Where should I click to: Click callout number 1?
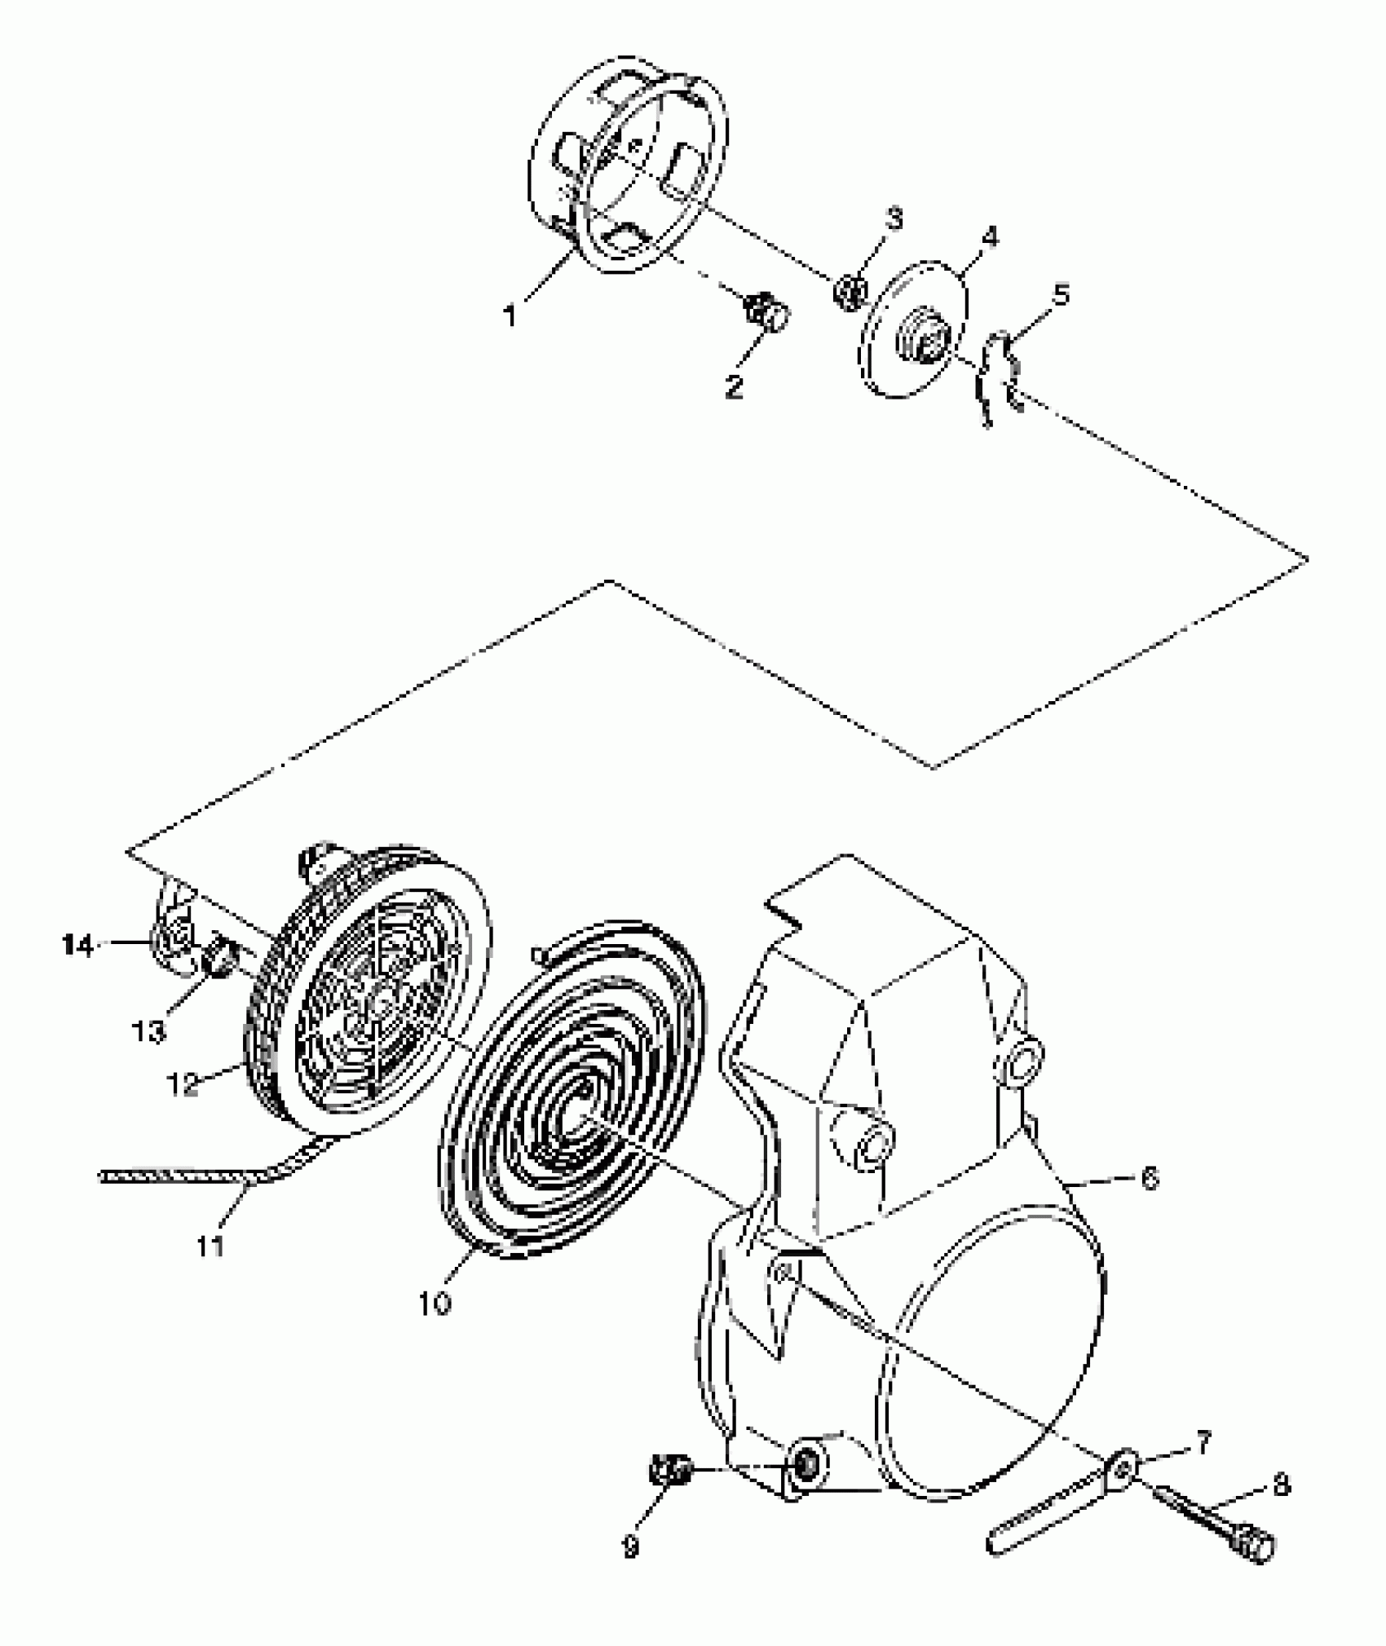pos(511,316)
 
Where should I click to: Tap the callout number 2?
pos(734,386)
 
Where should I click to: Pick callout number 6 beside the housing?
pos(1149,1178)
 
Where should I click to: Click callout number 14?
pos(79,946)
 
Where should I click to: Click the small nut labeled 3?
pos(849,289)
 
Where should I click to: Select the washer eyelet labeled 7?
pos(1125,1468)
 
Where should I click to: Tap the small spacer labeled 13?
pos(218,954)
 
